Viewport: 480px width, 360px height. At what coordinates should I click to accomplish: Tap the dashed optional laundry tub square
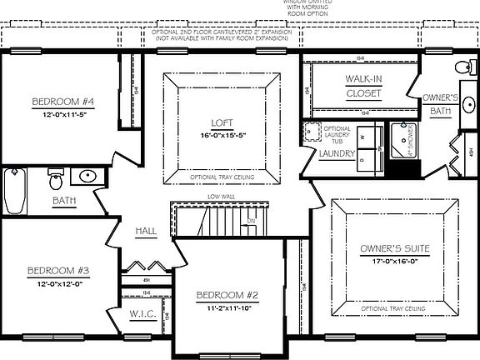click(312, 132)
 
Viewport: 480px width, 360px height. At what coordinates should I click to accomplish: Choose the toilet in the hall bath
click(56, 178)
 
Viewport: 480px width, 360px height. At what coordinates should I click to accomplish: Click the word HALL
click(146, 232)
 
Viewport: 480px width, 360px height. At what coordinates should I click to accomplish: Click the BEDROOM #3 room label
click(58, 271)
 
